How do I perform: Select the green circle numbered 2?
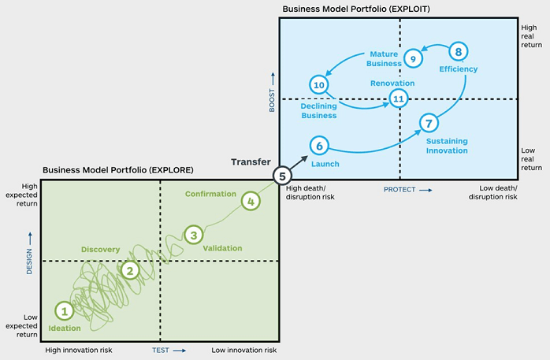[131, 270]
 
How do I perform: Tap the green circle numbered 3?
[193, 234]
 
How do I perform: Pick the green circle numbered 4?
[250, 201]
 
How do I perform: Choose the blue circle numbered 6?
[318, 145]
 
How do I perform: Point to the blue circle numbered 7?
[428, 123]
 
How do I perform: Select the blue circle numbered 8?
[459, 52]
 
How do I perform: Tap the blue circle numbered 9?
[412, 59]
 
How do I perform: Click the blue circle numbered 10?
[318, 84]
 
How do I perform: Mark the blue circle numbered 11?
[399, 98]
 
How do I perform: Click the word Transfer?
[251, 162]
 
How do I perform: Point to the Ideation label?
[65, 328]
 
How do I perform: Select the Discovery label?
[101, 250]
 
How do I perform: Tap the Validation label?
[222, 248]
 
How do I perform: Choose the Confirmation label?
[210, 194]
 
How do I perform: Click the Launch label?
[325, 164]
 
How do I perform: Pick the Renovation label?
[392, 83]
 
